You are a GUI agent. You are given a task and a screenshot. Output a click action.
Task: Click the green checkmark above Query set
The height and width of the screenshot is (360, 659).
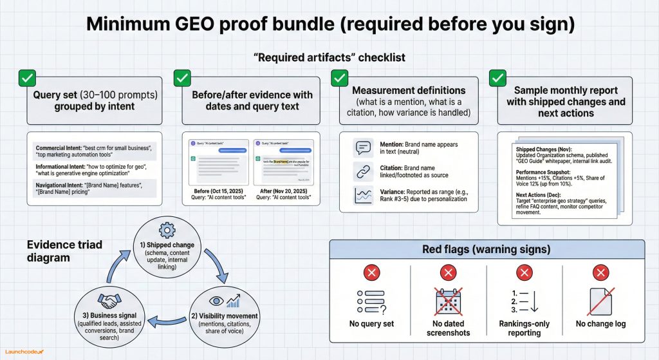pyautogui.click(x=27, y=79)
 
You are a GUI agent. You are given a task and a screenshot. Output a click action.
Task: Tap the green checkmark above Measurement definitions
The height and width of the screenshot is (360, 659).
pyautogui.click(x=339, y=79)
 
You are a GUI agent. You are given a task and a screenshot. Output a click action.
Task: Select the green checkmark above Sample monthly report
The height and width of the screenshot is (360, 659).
pyautogui.click(x=497, y=79)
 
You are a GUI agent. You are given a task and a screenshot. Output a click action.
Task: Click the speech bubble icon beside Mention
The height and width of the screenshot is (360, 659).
pyautogui.click(x=364, y=148)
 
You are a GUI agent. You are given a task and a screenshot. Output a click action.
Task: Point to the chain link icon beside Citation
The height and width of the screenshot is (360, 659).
pyautogui.click(x=364, y=171)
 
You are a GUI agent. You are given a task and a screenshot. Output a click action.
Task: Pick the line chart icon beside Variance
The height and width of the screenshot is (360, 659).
pyautogui.click(x=364, y=194)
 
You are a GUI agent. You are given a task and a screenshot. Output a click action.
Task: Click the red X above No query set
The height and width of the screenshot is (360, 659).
pyautogui.click(x=371, y=272)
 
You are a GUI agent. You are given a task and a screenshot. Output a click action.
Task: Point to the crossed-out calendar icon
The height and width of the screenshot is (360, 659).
pyautogui.click(x=448, y=301)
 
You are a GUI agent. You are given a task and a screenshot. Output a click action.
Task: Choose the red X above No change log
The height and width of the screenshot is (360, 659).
pyautogui.click(x=600, y=272)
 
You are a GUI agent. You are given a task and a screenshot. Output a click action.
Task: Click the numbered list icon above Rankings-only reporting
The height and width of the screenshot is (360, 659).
pyautogui.click(x=523, y=301)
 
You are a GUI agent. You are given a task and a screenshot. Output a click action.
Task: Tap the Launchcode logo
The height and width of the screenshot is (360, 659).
pyautogui.click(x=25, y=352)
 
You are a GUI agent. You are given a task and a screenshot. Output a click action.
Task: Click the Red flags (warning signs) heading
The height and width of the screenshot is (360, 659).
pyautogui.click(x=487, y=249)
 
